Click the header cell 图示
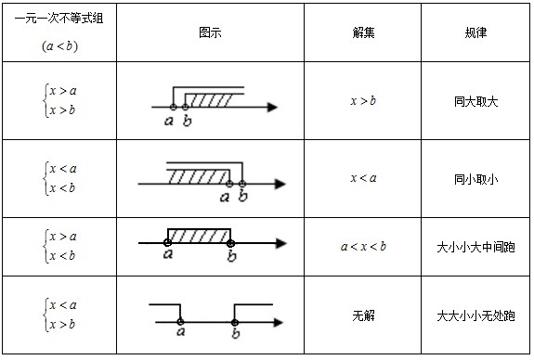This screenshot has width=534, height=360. [210, 32]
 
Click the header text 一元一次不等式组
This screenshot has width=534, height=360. [59, 19]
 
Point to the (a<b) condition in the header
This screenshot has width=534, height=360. [59, 46]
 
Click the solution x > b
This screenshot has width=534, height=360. [363, 101]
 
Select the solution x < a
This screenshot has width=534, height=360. [363, 177]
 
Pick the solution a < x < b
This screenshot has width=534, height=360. [363, 246]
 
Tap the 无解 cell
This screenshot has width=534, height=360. [363, 316]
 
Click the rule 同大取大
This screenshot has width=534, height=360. [475, 101]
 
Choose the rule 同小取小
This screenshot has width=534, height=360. [475, 179]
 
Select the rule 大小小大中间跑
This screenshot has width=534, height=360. [475, 248]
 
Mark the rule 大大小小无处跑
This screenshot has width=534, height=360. [475, 316]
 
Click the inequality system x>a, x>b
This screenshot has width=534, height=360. [61, 100]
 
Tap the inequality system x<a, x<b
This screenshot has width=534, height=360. [61, 178]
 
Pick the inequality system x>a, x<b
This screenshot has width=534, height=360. [61, 246]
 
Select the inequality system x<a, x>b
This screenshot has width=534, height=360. [61, 315]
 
